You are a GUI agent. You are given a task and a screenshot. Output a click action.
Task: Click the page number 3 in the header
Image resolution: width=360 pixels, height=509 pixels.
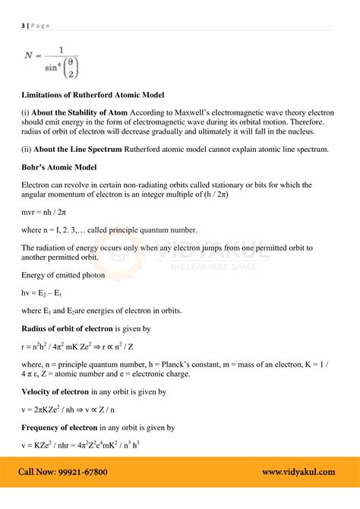point(22,25)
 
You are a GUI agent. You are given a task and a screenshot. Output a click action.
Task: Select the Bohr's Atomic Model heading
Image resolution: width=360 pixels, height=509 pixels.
point(60,166)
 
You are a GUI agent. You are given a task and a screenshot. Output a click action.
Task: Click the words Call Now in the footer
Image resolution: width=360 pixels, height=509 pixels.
point(34,473)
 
